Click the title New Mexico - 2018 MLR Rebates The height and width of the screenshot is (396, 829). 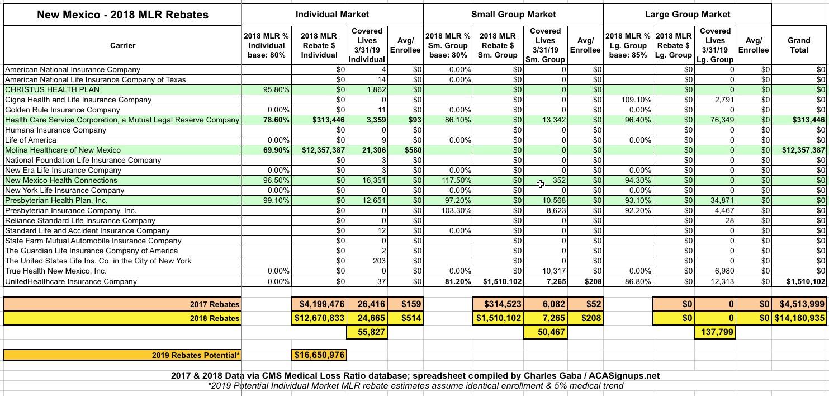click(122, 15)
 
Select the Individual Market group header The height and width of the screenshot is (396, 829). click(332, 14)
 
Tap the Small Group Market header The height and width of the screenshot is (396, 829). click(513, 14)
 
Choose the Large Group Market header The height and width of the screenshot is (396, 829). click(687, 14)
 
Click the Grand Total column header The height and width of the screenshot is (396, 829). click(799, 45)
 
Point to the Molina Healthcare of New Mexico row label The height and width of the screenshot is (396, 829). click(63, 150)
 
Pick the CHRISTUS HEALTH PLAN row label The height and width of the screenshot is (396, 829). click(52, 89)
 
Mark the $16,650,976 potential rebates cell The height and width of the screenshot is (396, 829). click(319, 355)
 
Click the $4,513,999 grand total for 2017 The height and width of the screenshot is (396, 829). click(800, 304)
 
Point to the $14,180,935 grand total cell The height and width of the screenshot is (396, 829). click(800, 318)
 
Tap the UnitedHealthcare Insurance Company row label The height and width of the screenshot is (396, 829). click(70, 281)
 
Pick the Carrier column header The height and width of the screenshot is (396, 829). click(122, 45)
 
